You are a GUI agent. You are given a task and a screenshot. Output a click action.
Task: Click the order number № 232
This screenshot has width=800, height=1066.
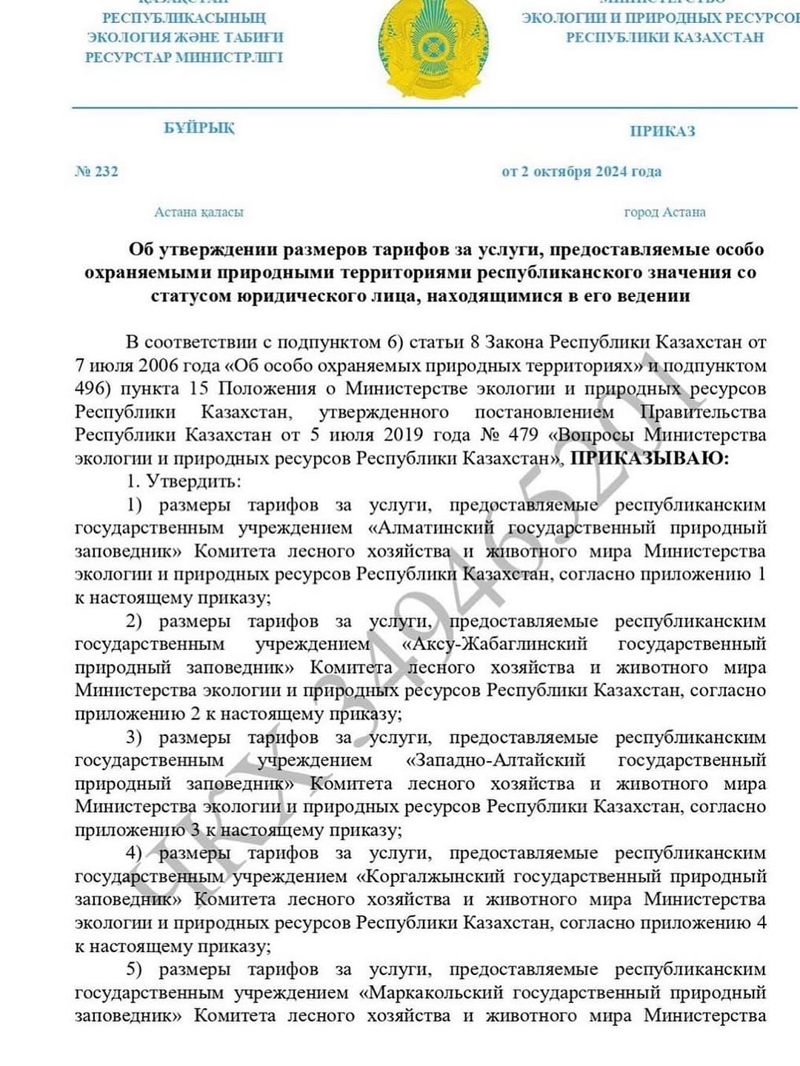coord(96,172)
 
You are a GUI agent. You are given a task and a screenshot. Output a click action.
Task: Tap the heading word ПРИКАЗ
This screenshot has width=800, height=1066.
coord(662,132)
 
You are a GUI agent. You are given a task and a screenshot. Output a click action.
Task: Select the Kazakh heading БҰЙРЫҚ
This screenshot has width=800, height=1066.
coord(199,128)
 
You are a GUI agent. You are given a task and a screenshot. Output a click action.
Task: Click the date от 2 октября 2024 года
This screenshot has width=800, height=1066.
coord(581,172)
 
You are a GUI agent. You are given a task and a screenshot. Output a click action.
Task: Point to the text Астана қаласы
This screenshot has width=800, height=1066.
coord(199,212)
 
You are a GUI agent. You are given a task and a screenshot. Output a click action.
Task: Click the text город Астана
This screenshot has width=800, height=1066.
coord(664,212)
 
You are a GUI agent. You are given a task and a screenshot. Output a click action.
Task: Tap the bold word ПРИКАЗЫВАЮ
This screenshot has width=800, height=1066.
coord(648,458)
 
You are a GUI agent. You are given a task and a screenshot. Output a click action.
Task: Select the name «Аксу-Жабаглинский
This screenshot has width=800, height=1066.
coord(494,644)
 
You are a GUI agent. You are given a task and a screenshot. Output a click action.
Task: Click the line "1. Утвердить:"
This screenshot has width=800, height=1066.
coord(183,481)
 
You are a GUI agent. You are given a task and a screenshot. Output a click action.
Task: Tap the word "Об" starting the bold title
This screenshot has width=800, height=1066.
coord(141,249)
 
